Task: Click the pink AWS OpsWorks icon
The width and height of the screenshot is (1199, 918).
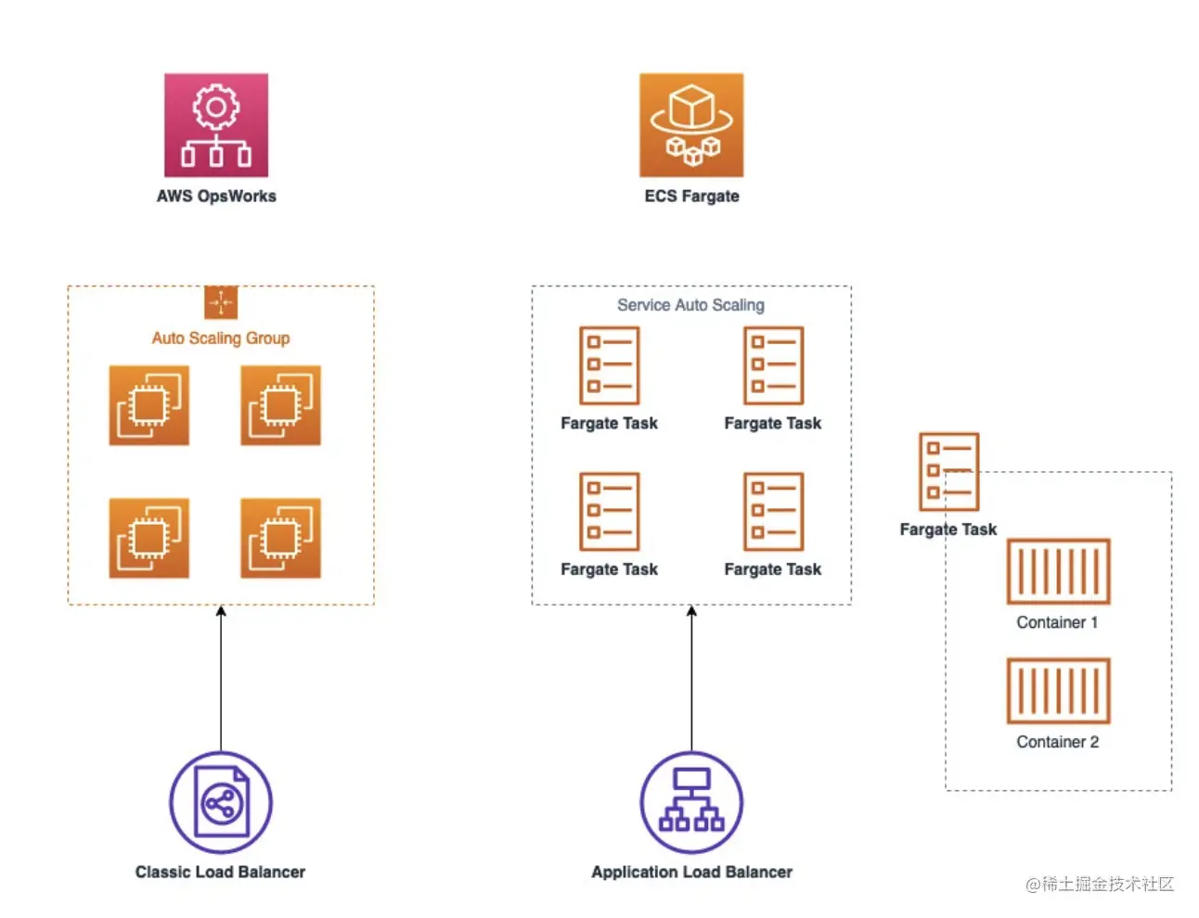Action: tap(216, 125)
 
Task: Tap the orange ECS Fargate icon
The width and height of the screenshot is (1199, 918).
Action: tap(691, 125)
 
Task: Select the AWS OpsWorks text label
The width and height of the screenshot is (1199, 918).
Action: tap(216, 196)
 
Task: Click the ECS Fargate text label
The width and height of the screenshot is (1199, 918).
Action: tap(691, 196)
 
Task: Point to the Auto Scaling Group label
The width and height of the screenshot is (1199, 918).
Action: tap(221, 338)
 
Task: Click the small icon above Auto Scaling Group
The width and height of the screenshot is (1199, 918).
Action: tap(221, 302)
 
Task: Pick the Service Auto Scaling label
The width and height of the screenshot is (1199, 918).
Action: tap(690, 305)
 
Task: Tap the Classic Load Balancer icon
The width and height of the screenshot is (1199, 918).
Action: tap(221, 802)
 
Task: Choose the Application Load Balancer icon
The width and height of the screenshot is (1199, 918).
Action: tap(691, 802)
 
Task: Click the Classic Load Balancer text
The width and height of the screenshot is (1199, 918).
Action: tap(220, 872)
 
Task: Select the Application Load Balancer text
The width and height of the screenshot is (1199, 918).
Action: tap(691, 872)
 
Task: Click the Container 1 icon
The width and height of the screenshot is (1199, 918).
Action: tap(1058, 571)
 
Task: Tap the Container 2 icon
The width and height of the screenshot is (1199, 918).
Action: tap(1058, 691)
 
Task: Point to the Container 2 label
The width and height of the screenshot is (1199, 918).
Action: tap(1057, 742)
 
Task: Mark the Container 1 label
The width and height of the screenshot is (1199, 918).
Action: tap(1057, 622)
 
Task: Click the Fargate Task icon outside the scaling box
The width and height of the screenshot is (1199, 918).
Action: tap(948, 472)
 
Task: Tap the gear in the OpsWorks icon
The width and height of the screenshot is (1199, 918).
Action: tap(216, 108)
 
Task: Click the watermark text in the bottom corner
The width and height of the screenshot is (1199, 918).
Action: tap(1100, 884)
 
